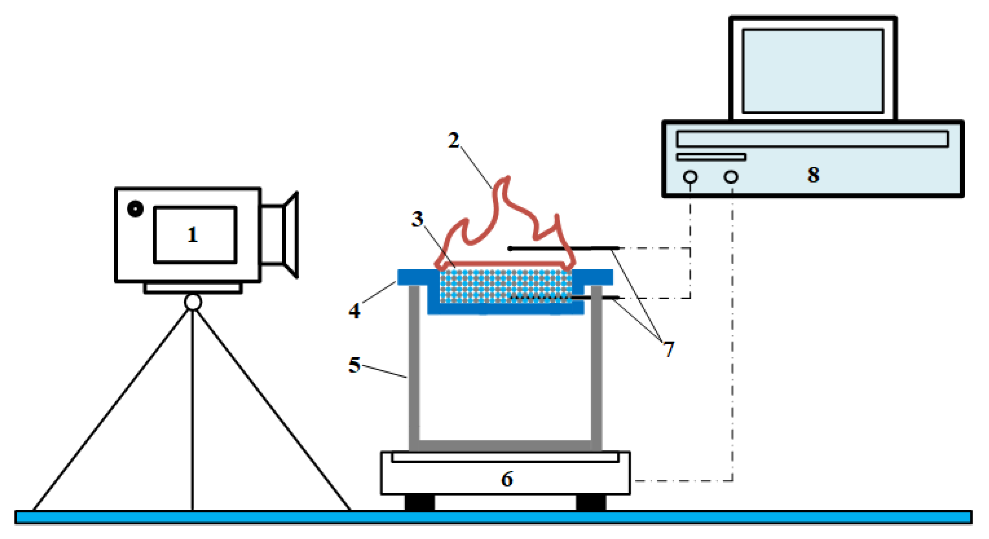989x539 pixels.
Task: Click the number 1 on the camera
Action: (x=192, y=235)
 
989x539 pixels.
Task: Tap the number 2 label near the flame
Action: (x=453, y=141)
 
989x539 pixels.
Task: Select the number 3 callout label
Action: (x=417, y=219)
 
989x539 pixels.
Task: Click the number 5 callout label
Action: (x=354, y=365)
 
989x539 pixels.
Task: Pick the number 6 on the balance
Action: (x=507, y=479)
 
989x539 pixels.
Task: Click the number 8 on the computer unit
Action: (x=813, y=175)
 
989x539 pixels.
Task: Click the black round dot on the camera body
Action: (x=135, y=209)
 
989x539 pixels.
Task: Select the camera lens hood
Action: (x=291, y=235)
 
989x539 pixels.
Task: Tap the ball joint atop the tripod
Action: (x=193, y=302)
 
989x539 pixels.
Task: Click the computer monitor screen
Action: (x=813, y=71)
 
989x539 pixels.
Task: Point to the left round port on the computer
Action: (x=690, y=177)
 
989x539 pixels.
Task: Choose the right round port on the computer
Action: (x=731, y=177)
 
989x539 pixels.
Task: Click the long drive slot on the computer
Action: (x=812, y=139)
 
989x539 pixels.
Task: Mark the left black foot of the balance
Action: (x=420, y=502)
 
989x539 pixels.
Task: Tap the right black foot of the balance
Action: (x=591, y=502)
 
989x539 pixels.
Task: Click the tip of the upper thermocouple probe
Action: (x=510, y=248)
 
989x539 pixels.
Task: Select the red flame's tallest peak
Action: (x=508, y=178)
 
